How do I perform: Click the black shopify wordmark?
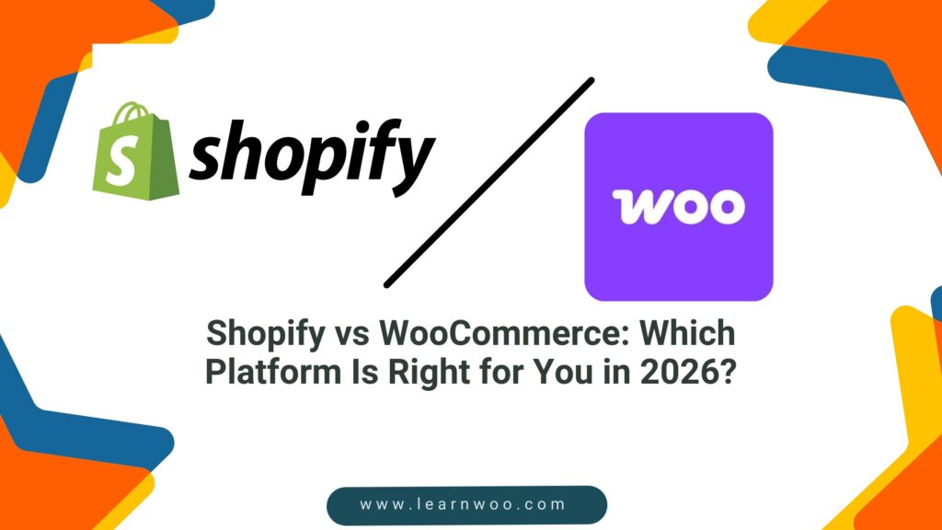(x=313, y=157)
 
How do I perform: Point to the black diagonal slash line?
(x=489, y=183)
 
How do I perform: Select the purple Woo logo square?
(x=679, y=207)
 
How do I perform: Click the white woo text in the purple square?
(x=679, y=207)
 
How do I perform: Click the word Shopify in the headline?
(x=266, y=334)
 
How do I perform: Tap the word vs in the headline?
(x=352, y=335)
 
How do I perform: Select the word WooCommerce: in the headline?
(x=504, y=333)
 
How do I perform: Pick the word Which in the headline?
(x=686, y=333)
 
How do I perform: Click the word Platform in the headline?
(x=273, y=372)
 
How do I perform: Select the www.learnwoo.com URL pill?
(x=466, y=505)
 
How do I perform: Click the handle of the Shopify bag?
(x=133, y=112)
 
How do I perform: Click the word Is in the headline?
(x=364, y=373)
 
